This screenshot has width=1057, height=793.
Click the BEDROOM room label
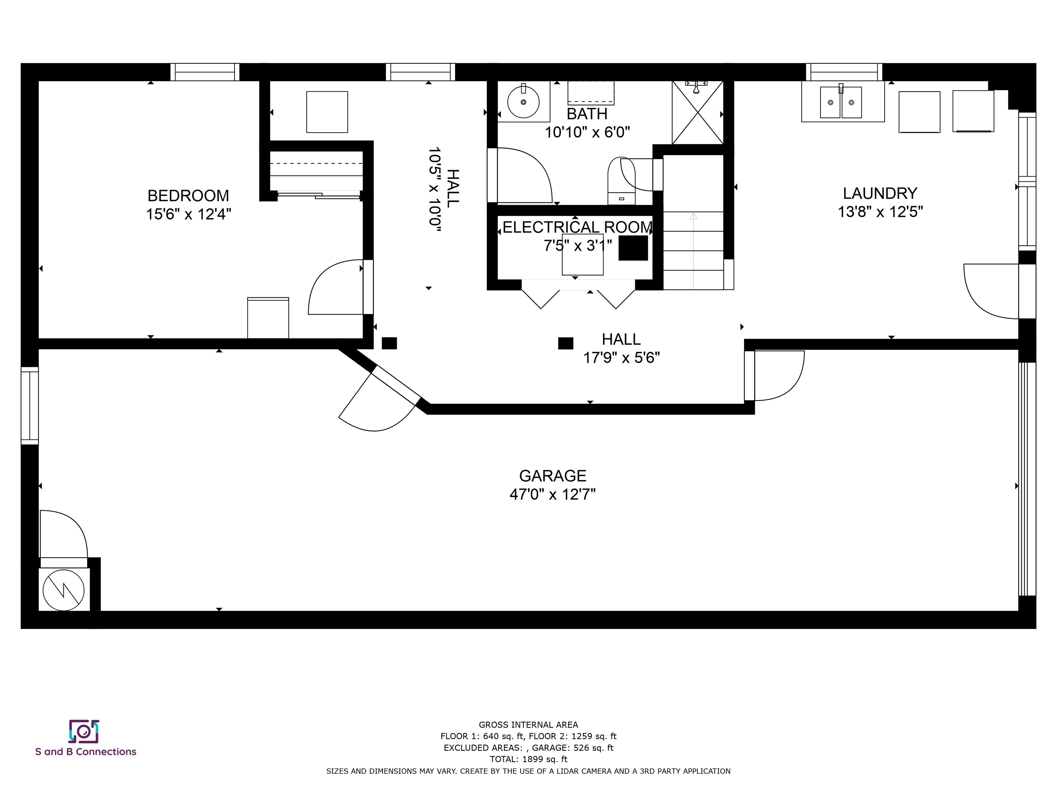pyautogui.click(x=188, y=195)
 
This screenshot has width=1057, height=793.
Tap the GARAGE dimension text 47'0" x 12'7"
pyautogui.click(x=552, y=494)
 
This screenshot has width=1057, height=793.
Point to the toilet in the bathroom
pyautogui.click(x=621, y=180)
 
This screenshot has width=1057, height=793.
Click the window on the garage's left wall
pyautogui.click(x=30, y=405)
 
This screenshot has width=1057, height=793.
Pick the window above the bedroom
pyautogui.click(x=205, y=72)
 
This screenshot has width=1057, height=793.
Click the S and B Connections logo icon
pyautogui.click(x=84, y=731)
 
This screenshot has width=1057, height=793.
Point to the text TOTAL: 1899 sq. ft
pyautogui.click(x=528, y=759)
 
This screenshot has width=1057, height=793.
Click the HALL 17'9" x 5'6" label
pyautogui.click(x=621, y=348)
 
